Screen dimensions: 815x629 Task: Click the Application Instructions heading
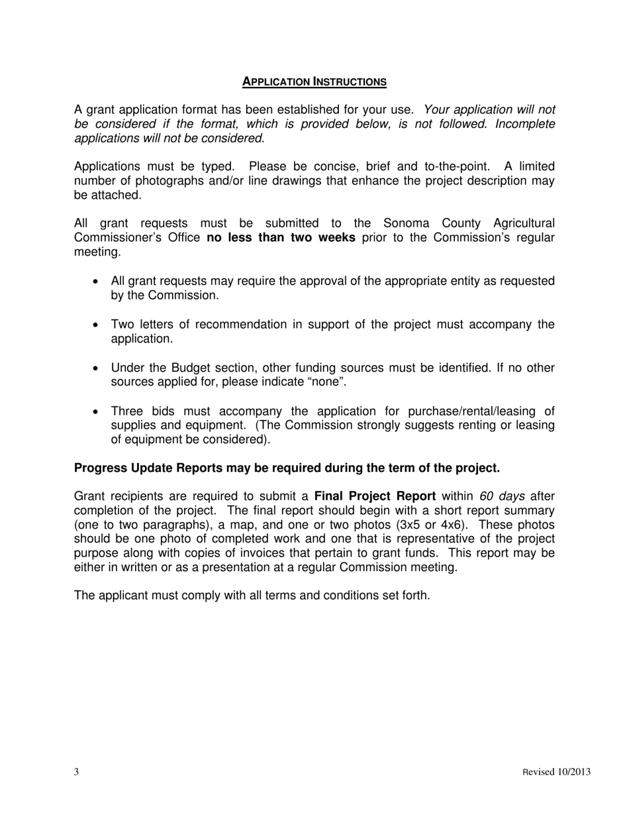(x=314, y=82)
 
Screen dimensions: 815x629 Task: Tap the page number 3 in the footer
(x=77, y=771)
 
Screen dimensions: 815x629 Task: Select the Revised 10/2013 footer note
(x=556, y=771)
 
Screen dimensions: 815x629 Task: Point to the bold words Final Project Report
(x=375, y=496)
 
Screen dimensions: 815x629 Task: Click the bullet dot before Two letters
(x=97, y=325)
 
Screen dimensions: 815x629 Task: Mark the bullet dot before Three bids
(x=97, y=411)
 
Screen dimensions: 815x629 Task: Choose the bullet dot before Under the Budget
(x=97, y=368)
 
